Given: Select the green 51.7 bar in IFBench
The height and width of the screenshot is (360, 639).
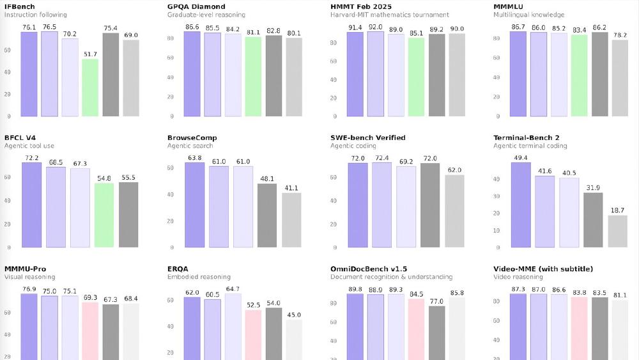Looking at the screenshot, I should point(90,88).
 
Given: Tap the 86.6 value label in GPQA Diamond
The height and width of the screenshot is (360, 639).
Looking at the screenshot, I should point(192,27).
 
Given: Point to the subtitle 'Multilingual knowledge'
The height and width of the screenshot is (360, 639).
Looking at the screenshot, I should point(528,15).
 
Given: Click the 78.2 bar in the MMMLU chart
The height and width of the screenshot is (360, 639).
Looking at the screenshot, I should point(620,78).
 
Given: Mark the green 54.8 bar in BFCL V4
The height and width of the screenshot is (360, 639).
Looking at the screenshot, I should point(104,215).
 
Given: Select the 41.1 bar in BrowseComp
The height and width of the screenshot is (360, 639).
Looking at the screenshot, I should point(291,220).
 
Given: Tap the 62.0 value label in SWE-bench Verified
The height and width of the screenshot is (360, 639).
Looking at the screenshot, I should point(454,171).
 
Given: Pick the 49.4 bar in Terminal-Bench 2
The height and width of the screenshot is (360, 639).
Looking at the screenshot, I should point(521,205).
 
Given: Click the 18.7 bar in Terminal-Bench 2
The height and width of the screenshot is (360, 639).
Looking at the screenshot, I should point(618,231).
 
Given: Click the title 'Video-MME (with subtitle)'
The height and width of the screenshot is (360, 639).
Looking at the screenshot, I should point(543,269).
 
